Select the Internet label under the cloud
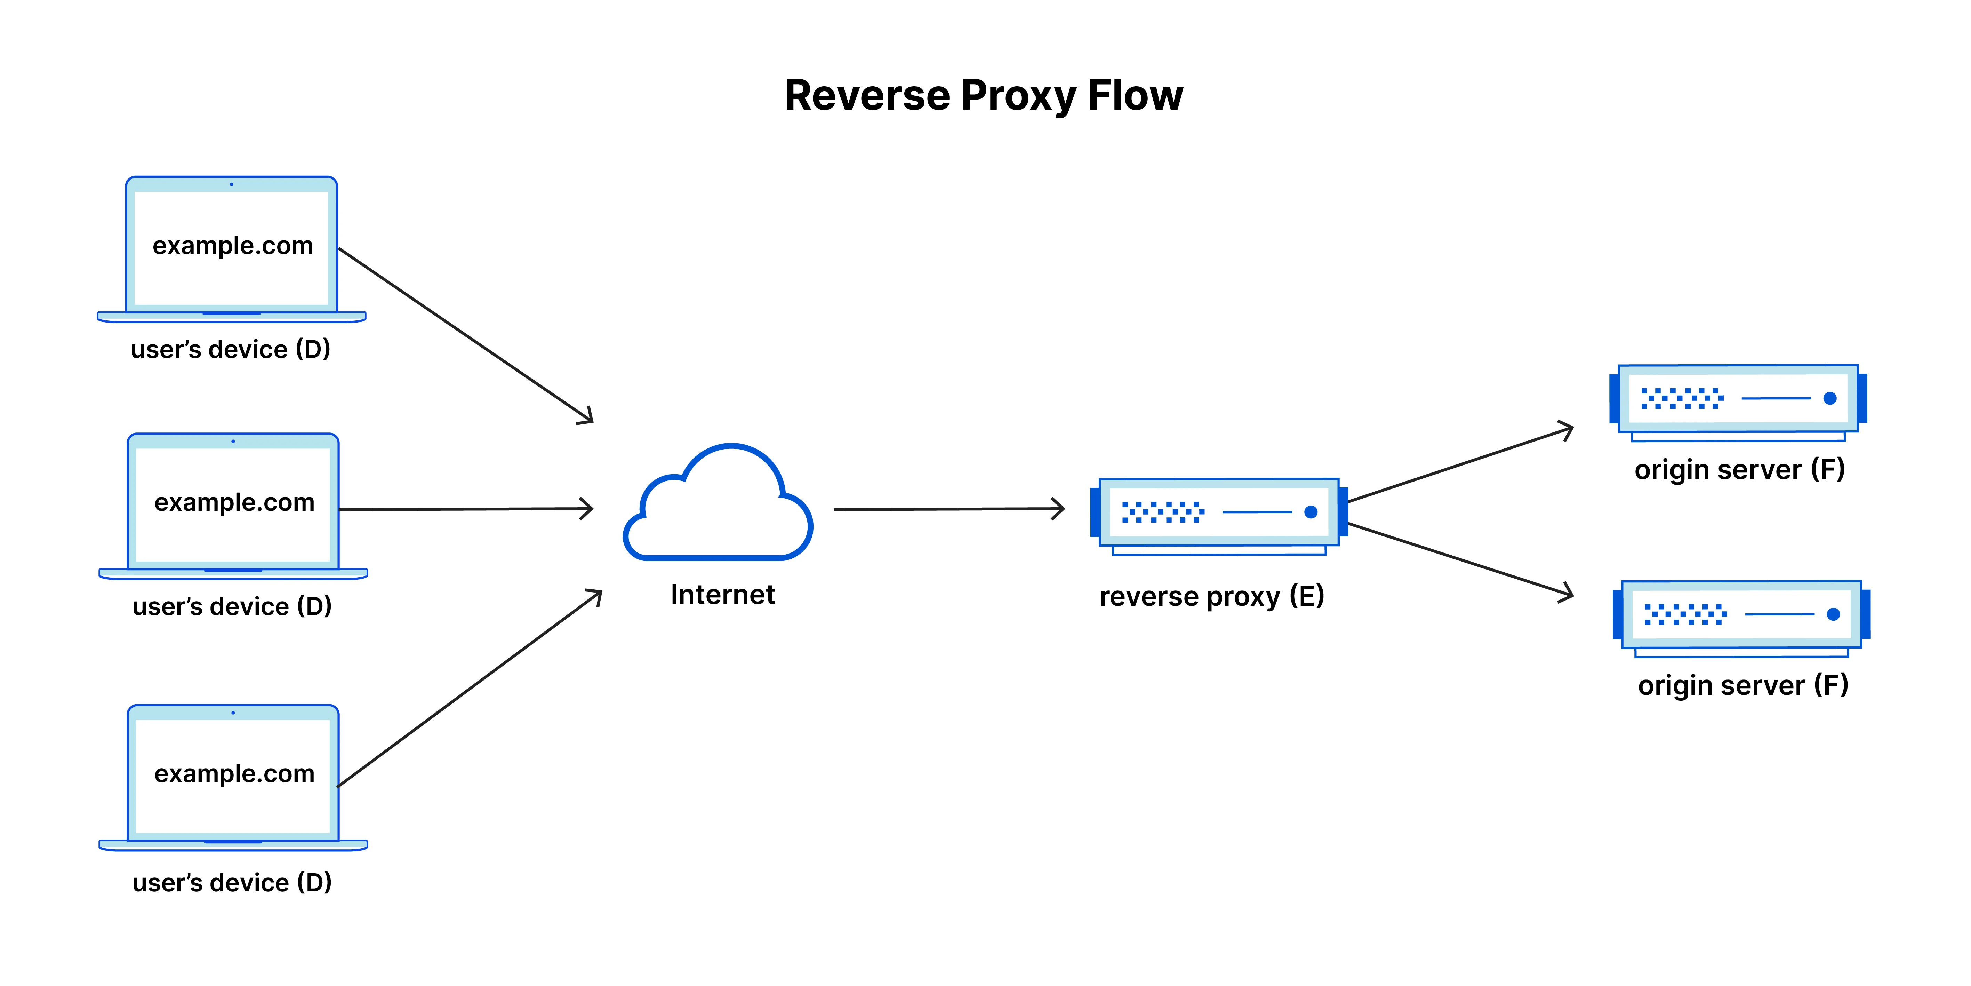[x=722, y=595]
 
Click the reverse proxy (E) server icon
[x=1218, y=513]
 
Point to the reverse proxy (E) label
[x=1211, y=596]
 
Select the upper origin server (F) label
[x=1739, y=469]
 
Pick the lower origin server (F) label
[x=1742, y=685]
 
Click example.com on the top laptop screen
[x=233, y=246]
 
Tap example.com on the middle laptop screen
[x=234, y=502]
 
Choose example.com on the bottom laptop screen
[x=234, y=774]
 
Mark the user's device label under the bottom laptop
[x=232, y=883]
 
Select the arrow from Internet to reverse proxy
[x=949, y=509]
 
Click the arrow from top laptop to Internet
[x=465, y=335]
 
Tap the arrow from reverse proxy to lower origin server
[x=1460, y=559]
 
